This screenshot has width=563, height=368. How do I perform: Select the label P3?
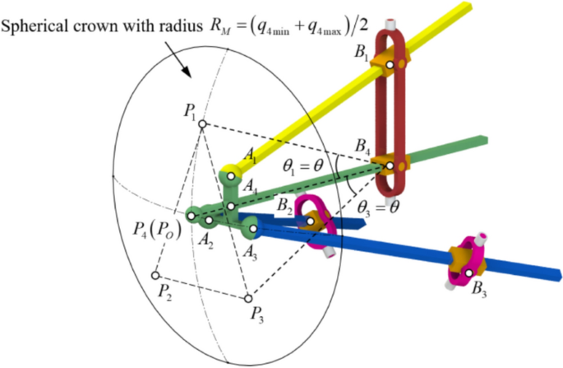259,314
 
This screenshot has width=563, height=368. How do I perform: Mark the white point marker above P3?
247,297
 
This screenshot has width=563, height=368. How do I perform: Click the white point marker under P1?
201,125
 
